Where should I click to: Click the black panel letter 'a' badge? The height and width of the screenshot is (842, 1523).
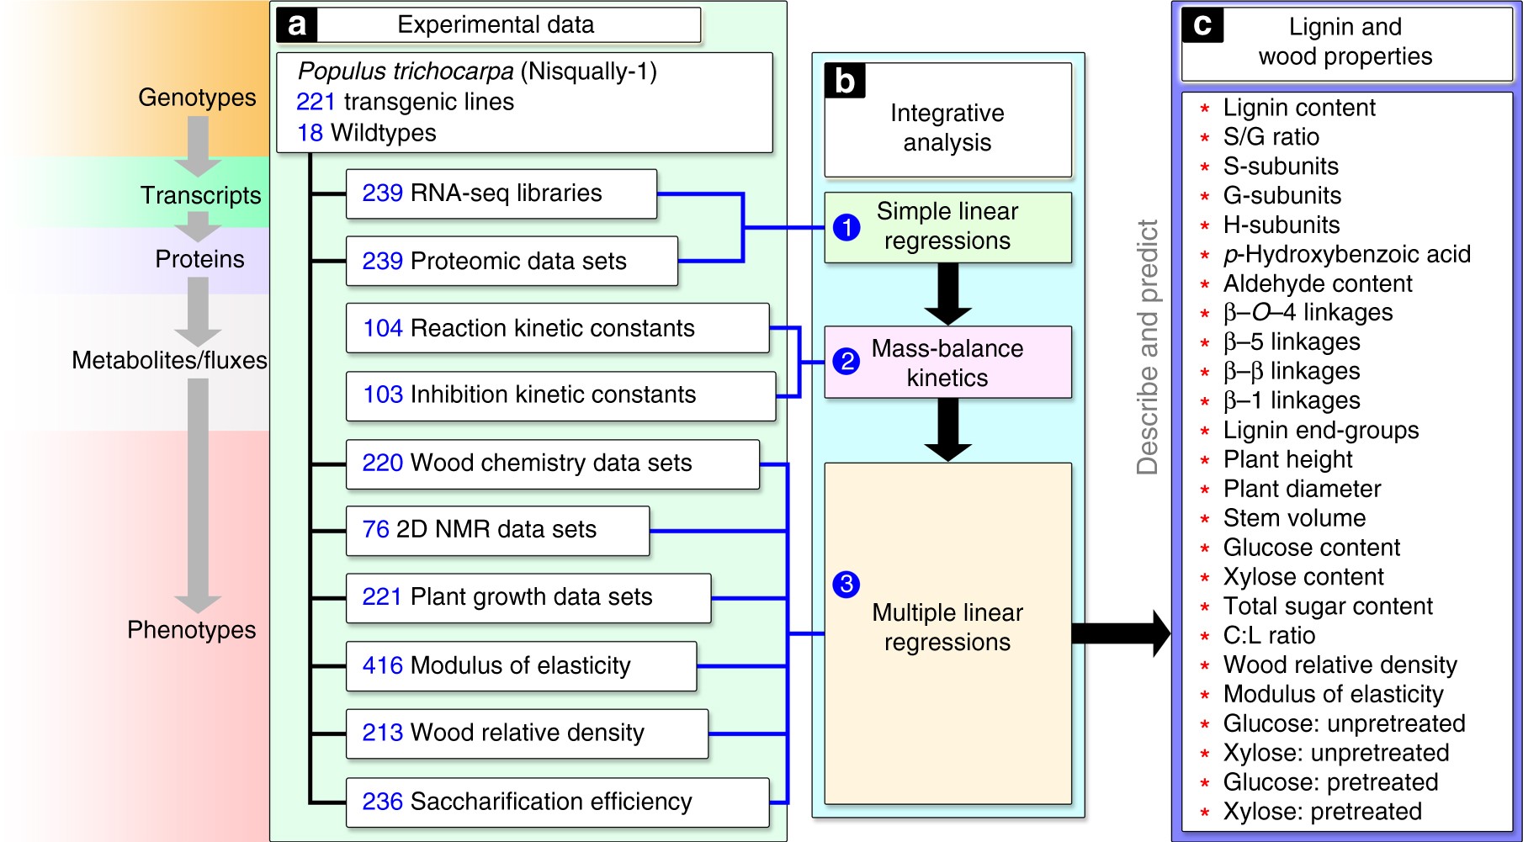coord(296,25)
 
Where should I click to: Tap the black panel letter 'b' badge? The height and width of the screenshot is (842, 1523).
coord(845,82)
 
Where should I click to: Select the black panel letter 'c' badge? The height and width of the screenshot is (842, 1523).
coord(1202,26)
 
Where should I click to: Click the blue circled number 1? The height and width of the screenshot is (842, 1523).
coord(846,227)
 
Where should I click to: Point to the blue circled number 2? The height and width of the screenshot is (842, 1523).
coord(846,362)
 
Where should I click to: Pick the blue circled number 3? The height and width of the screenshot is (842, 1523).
coord(846,584)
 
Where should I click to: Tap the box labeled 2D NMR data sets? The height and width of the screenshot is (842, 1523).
coord(497,530)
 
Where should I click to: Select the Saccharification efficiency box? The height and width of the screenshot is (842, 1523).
coord(557,802)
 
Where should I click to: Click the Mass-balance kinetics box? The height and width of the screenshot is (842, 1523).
coord(947,363)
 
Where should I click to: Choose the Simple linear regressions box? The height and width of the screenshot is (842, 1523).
coord(947,227)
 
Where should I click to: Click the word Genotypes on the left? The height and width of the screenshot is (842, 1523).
coord(197,98)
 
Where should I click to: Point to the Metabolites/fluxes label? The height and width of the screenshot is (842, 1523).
coord(169,360)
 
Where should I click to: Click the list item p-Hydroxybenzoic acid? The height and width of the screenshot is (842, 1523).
coord(1346,254)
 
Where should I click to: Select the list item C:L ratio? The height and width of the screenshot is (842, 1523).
coord(1269,635)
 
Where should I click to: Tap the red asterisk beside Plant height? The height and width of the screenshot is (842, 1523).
coord(1205,460)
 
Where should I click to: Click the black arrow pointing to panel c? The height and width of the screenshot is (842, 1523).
coord(1121,633)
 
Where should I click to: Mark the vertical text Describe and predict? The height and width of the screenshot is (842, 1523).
coord(1147,347)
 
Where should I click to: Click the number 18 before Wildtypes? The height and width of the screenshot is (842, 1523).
coord(310,133)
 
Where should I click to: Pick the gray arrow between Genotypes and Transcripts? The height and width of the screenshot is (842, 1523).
coord(198,146)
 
